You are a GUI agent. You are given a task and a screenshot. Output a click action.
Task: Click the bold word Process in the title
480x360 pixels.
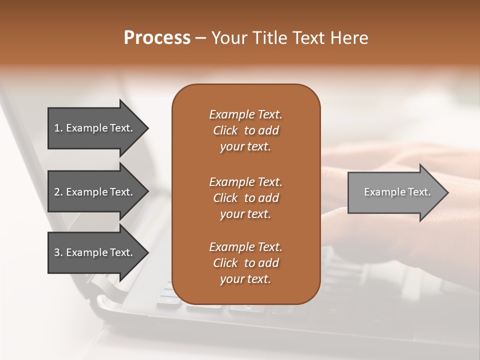pyautogui.click(x=157, y=38)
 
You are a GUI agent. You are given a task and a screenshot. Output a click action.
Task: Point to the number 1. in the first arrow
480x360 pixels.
pyautogui.click(x=58, y=128)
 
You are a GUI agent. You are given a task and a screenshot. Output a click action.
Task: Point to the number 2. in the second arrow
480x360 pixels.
pyautogui.click(x=58, y=192)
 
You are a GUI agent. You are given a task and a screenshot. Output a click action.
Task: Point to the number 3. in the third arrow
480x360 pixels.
pyautogui.click(x=58, y=252)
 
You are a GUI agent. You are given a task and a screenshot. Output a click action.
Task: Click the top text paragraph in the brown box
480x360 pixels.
pyautogui.click(x=245, y=130)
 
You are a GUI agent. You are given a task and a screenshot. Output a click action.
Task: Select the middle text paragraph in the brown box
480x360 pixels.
pyautogui.click(x=245, y=197)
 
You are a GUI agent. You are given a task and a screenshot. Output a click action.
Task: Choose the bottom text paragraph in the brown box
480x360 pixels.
pyautogui.click(x=245, y=263)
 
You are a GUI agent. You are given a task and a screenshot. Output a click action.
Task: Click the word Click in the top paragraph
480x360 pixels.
pyautogui.click(x=225, y=130)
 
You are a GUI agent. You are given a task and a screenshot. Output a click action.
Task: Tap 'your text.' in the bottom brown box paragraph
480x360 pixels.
pyautogui.click(x=245, y=279)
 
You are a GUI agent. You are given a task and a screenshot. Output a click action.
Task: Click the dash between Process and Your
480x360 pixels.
pyautogui.click(x=200, y=38)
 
